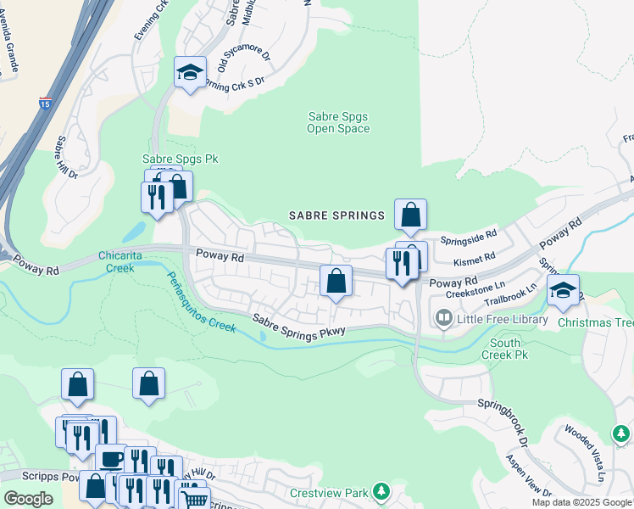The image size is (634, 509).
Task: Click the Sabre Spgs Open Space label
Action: pyautogui.click(x=338, y=122)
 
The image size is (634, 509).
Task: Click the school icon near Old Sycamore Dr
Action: pyautogui.click(x=191, y=74)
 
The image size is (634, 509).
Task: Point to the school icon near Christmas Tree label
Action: pyautogui.click(x=563, y=291)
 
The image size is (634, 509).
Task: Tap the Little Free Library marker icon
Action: pyautogui.click(x=443, y=319)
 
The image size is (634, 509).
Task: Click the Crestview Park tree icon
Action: pyautogui.click(x=381, y=492)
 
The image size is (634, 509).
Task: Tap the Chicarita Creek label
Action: pyautogui.click(x=120, y=261)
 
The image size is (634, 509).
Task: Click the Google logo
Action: pyautogui.click(x=28, y=499)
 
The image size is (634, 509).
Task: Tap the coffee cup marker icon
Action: pyautogui.click(x=111, y=460)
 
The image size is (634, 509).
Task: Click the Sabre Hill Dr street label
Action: pyautogui.click(x=66, y=158)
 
